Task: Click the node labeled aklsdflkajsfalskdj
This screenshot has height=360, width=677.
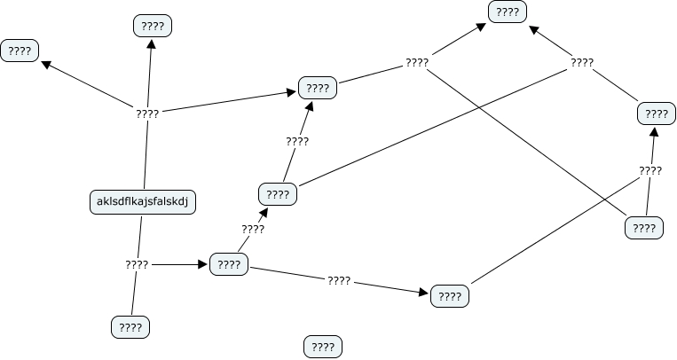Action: [143, 202]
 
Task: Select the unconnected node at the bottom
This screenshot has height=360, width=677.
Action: [323, 347]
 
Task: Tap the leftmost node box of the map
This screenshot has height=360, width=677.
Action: [20, 51]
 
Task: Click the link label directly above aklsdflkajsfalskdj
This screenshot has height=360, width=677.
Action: [147, 113]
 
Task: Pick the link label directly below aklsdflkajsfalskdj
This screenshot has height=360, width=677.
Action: [137, 264]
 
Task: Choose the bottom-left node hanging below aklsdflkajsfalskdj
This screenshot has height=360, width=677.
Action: [130, 327]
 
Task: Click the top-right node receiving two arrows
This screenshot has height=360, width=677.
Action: [508, 12]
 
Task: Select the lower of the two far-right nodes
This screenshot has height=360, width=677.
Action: [644, 228]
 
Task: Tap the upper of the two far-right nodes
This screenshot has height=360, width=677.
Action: [657, 113]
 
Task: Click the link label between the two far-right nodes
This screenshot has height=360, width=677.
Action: [650, 170]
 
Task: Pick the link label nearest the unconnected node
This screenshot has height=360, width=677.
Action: [339, 280]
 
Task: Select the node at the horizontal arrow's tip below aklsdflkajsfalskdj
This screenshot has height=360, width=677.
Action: [229, 264]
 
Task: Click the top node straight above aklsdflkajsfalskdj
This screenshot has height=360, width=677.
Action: [152, 26]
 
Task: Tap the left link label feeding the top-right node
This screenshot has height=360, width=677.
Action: [417, 63]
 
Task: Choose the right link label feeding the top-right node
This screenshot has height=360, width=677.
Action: [582, 63]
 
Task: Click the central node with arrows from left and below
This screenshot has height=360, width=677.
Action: [317, 88]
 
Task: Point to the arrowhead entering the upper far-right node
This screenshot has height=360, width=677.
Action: [655, 130]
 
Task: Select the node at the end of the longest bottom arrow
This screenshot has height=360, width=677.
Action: [450, 296]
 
